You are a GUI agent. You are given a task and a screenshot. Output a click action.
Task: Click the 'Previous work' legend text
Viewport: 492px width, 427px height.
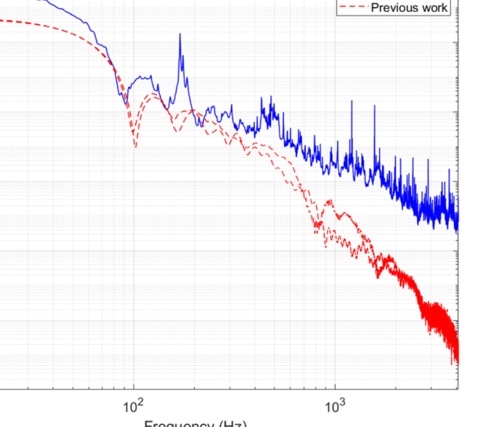tap(409, 7)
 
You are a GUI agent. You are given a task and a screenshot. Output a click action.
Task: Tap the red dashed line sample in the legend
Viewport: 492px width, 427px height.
tap(354, 7)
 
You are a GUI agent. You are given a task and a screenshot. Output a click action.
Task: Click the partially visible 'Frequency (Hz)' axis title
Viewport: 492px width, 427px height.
tap(196, 424)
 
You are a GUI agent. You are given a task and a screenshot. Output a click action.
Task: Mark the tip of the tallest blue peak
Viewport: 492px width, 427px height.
tap(180, 34)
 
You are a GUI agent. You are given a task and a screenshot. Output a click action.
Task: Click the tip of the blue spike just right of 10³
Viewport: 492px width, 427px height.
tap(352, 101)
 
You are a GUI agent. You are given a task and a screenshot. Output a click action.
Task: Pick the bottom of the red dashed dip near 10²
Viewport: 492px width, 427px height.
tap(135, 147)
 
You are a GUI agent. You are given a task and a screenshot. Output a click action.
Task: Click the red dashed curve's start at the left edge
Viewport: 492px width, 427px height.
tap(1, 20)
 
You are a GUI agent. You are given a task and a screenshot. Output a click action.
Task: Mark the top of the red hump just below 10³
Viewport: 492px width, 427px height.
tap(328, 201)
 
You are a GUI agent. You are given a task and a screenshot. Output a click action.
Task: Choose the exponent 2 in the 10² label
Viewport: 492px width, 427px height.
tap(141, 401)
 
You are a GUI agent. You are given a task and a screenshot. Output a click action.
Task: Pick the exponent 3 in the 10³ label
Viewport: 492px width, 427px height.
tap(342, 401)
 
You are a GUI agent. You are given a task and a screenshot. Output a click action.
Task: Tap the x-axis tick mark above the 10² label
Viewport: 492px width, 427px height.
tap(134, 386)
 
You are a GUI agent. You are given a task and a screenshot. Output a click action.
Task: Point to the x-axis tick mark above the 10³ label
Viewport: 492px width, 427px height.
tap(335, 386)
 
